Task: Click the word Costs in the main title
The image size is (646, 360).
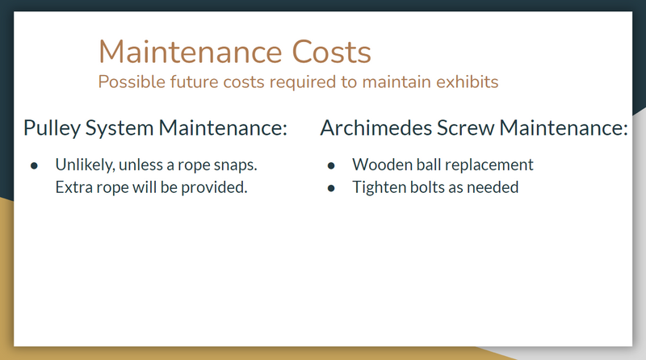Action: [x=331, y=52]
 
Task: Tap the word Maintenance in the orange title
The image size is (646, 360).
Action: [x=191, y=52]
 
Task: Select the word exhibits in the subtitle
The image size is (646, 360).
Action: [x=468, y=82]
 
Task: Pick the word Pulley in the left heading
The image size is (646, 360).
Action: [x=52, y=128]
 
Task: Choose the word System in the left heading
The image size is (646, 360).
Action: [x=119, y=128]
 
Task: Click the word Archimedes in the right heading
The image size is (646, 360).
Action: [x=375, y=128]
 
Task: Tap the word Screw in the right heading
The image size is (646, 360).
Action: [x=465, y=128]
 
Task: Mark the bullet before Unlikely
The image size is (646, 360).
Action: [x=34, y=165]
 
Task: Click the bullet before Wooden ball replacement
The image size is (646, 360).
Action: [x=331, y=165]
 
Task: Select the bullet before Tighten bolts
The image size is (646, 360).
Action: [x=331, y=188]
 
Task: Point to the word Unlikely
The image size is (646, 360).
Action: [x=86, y=165]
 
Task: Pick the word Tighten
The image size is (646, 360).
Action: [x=377, y=188]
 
